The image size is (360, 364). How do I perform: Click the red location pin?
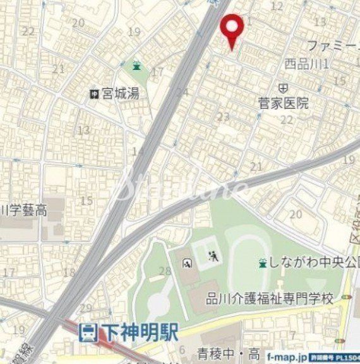pos(233,29)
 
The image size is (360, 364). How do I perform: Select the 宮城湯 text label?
pos(121,95)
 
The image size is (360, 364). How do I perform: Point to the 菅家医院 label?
pos(284,103)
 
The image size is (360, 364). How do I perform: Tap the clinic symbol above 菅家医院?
pos(284,86)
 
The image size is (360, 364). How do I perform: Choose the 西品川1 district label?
pos(306,64)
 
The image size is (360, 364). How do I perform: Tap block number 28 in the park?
pos(165,271)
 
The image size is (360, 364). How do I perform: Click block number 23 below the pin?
pos(223,117)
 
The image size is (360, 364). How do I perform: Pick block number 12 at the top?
pos(277,6)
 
